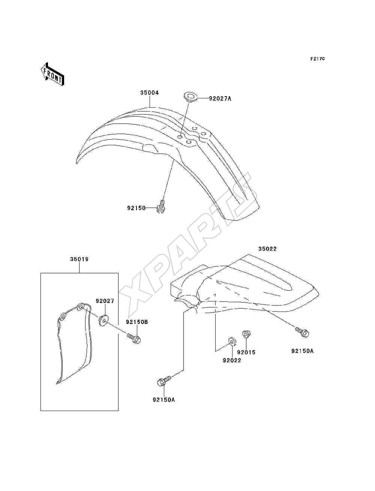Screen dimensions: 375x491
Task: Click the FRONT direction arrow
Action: click(52, 74)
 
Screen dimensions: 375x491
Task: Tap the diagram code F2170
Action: click(318, 59)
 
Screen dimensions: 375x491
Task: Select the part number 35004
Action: click(150, 93)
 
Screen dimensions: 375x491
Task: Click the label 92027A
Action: click(220, 98)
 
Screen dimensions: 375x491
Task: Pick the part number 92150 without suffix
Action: click(136, 208)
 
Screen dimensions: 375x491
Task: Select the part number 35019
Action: click(79, 259)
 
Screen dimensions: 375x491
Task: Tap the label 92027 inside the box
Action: click(105, 301)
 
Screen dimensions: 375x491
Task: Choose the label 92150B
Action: click(137, 322)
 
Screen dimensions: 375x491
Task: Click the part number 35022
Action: click(267, 249)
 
